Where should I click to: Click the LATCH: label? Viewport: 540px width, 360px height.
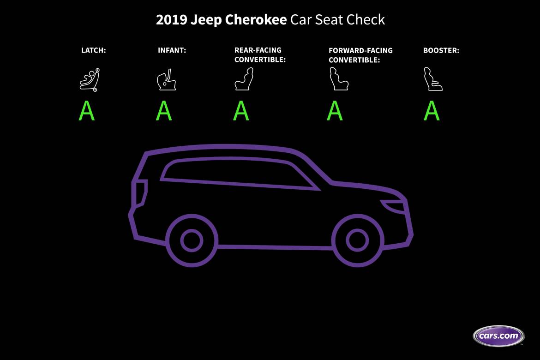pos(93,50)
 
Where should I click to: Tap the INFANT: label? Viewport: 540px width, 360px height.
pos(172,50)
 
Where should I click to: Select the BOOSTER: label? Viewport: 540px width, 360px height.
pos(441,50)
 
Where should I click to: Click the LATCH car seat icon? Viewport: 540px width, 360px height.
pos(90,79)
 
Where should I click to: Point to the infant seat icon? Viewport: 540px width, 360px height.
pos(167,79)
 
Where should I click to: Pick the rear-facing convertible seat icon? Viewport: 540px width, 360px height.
pos(244,79)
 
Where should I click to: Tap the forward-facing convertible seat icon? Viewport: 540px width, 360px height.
pos(339,79)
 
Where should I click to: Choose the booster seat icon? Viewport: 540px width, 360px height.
pos(433,79)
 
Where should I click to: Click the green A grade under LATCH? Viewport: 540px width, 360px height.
pos(86,111)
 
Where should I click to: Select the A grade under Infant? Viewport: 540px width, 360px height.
pos(164,111)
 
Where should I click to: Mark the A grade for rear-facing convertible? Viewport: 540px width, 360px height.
pos(241,111)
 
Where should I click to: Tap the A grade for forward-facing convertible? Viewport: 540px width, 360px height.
pos(335,111)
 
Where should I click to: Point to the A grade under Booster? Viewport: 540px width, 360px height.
pos(432,111)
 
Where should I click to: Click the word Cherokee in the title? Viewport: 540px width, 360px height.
pos(256,20)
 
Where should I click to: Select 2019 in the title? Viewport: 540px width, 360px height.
pos(172,20)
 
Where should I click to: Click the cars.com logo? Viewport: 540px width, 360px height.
pos(498,336)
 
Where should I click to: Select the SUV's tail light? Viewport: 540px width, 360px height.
pos(140,193)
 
